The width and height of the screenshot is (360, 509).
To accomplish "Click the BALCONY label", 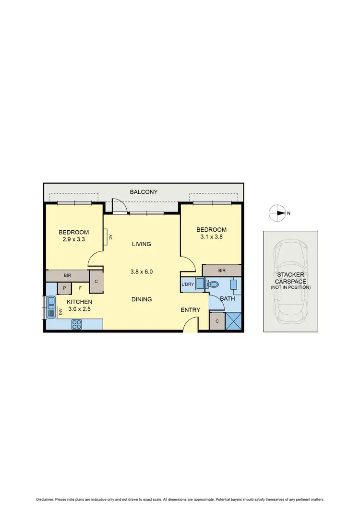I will pyautogui.click(x=144, y=192).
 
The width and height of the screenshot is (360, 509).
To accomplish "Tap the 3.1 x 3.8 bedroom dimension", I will pyautogui.click(x=211, y=237).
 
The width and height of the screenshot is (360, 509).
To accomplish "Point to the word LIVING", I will pyautogui.click(x=142, y=244).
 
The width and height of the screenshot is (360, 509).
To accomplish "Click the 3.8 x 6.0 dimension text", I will pyautogui.click(x=142, y=272).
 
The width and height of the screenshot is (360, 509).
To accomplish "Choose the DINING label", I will pyautogui.click(x=142, y=299).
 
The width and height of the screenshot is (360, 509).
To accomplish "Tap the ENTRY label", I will pyautogui.click(x=190, y=310).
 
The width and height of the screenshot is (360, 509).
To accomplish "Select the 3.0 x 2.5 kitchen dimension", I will pyautogui.click(x=78, y=309).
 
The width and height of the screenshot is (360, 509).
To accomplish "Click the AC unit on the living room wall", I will pyautogui.click(x=108, y=237).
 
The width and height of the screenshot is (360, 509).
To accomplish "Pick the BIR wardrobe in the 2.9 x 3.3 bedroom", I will pyautogui.click(x=67, y=276).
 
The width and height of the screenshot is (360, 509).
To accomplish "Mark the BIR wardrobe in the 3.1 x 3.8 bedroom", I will pyautogui.click(x=222, y=271).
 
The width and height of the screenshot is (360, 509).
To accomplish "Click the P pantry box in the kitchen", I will pyautogui.click(x=64, y=288).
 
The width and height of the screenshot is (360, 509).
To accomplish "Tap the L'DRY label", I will pyautogui.click(x=188, y=284).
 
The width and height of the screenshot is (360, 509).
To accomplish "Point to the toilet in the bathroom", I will pyautogui.click(x=210, y=284).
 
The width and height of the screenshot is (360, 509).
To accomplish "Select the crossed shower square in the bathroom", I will pyautogui.click(x=233, y=320).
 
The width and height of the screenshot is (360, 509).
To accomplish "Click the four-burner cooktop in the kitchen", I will pyautogui.click(x=77, y=324).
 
